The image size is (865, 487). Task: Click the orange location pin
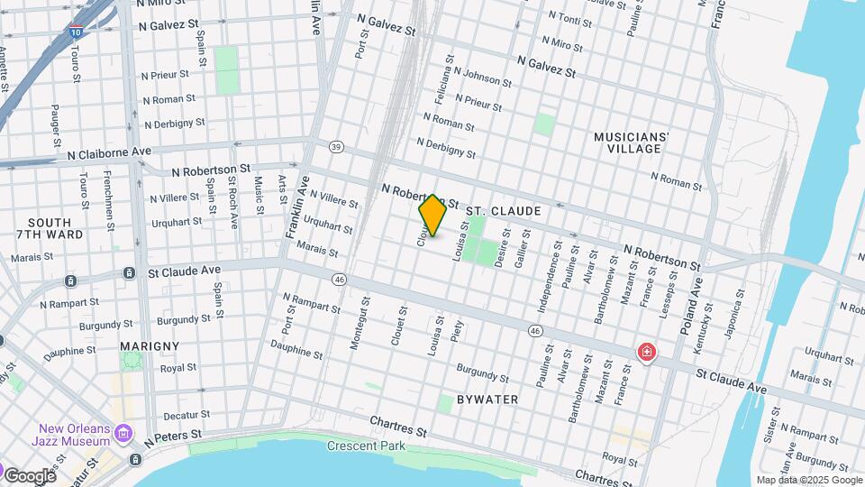[x=432, y=215]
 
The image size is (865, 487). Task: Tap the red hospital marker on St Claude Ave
[x=646, y=352]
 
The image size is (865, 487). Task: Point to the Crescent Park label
[x=365, y=446]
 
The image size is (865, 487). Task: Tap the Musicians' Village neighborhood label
[x=631, y=142]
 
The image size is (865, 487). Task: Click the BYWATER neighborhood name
[x=487, y=399]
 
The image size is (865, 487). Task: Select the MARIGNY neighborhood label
[x=149, y=345]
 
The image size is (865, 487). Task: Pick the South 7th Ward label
[x=56, y=228]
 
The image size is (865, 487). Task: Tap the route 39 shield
[x=336, y=146]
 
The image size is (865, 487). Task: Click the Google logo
[x=30, y=475]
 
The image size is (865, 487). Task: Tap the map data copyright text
[x=808, y=480]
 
